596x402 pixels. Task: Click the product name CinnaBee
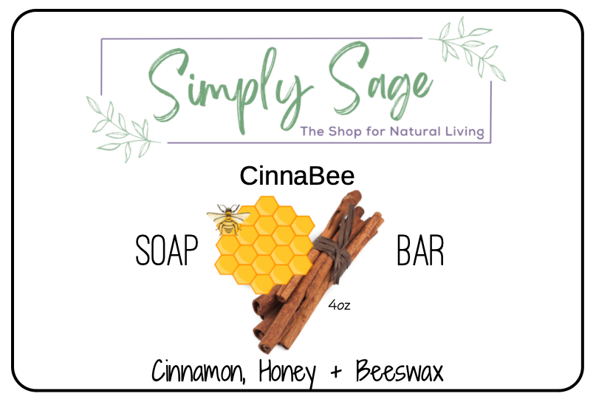coord(297,176)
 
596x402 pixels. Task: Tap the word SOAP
coord(167,251)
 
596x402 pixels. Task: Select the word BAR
coord(420,251)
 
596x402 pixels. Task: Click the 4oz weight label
coord(339,304)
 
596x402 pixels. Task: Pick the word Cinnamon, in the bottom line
coord(198,370)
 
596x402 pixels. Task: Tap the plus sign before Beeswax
coord(336,372)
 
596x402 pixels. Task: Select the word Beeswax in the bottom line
coord(400,370)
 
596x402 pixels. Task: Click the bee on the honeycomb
coord(228,219)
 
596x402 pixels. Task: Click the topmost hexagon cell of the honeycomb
coord(267,205)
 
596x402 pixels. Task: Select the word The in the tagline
coord(312,132)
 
